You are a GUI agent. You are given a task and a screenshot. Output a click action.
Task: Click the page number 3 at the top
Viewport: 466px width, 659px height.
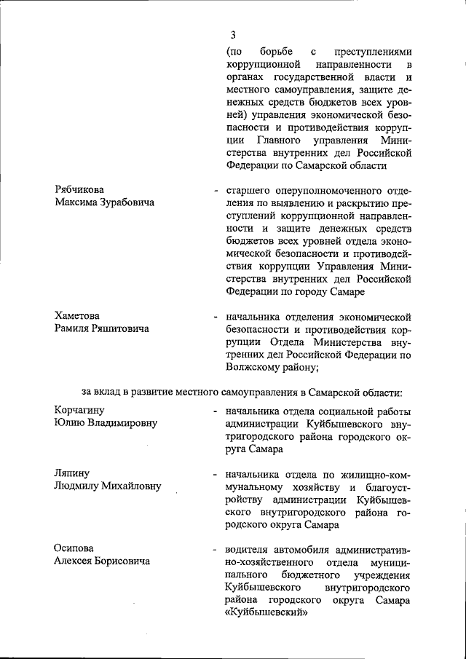233,34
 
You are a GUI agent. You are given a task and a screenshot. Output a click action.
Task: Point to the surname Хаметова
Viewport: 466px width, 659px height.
76,315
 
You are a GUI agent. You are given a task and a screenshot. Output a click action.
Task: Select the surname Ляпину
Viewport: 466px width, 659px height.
71,473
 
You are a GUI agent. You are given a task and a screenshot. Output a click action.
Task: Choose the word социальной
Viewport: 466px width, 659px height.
344,411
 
